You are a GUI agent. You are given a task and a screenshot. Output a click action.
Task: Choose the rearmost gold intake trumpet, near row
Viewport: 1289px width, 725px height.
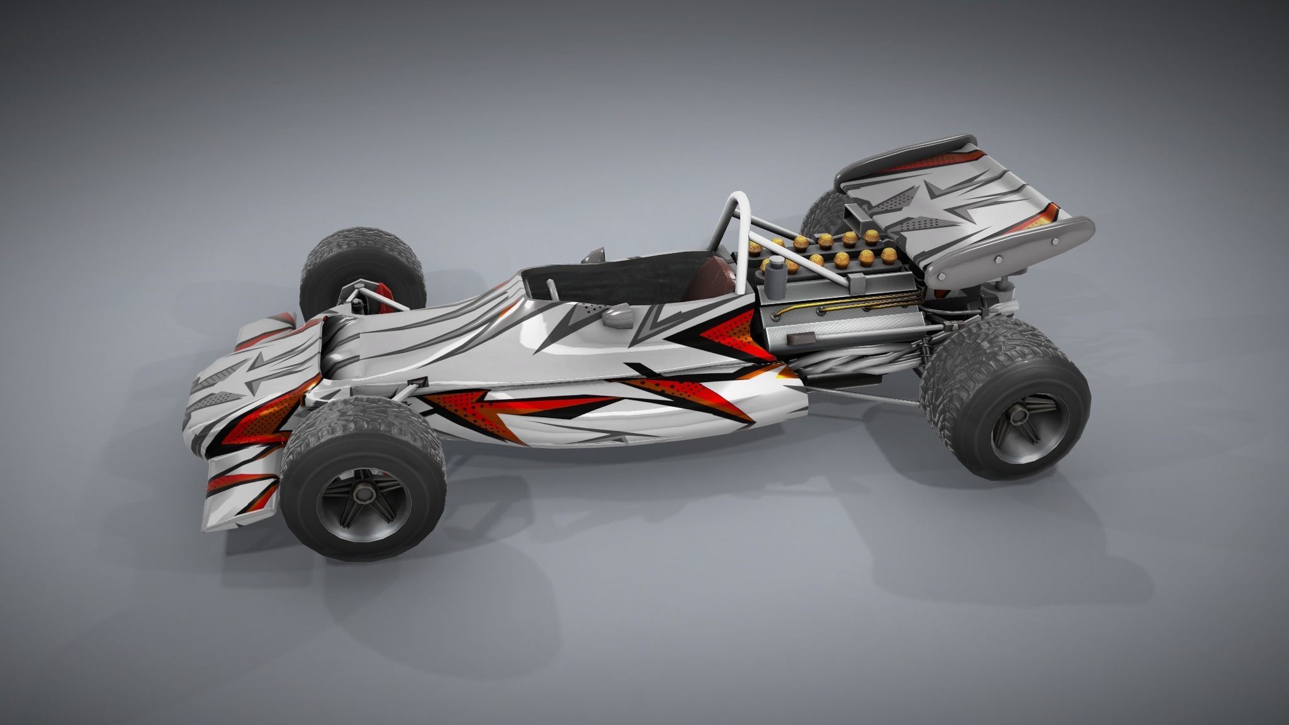(x=889, y=254)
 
